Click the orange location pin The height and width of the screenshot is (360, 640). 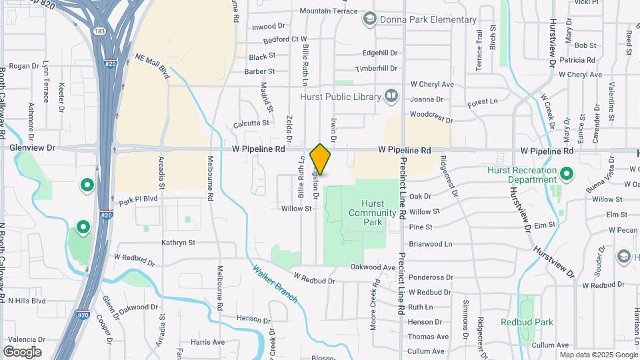(x=320, y=159)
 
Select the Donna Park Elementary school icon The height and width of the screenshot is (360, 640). (x=369, y=19)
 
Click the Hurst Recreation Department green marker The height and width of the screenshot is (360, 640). (x=567, y=175)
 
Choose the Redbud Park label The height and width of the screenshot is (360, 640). (x=527, y=322)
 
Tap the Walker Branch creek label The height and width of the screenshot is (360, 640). (x=275, y=283)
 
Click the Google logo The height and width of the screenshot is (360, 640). (x=22, y=352)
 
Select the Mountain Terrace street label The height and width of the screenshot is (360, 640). (x=329, y=11)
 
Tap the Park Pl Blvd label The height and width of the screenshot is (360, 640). (x=138, y=199)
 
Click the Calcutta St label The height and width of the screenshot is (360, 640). (x=251, y=123)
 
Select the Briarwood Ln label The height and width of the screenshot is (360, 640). (x=430, y=244)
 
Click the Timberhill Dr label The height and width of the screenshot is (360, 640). (x=376, y=69)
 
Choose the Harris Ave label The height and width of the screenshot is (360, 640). (x=207, y=342)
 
